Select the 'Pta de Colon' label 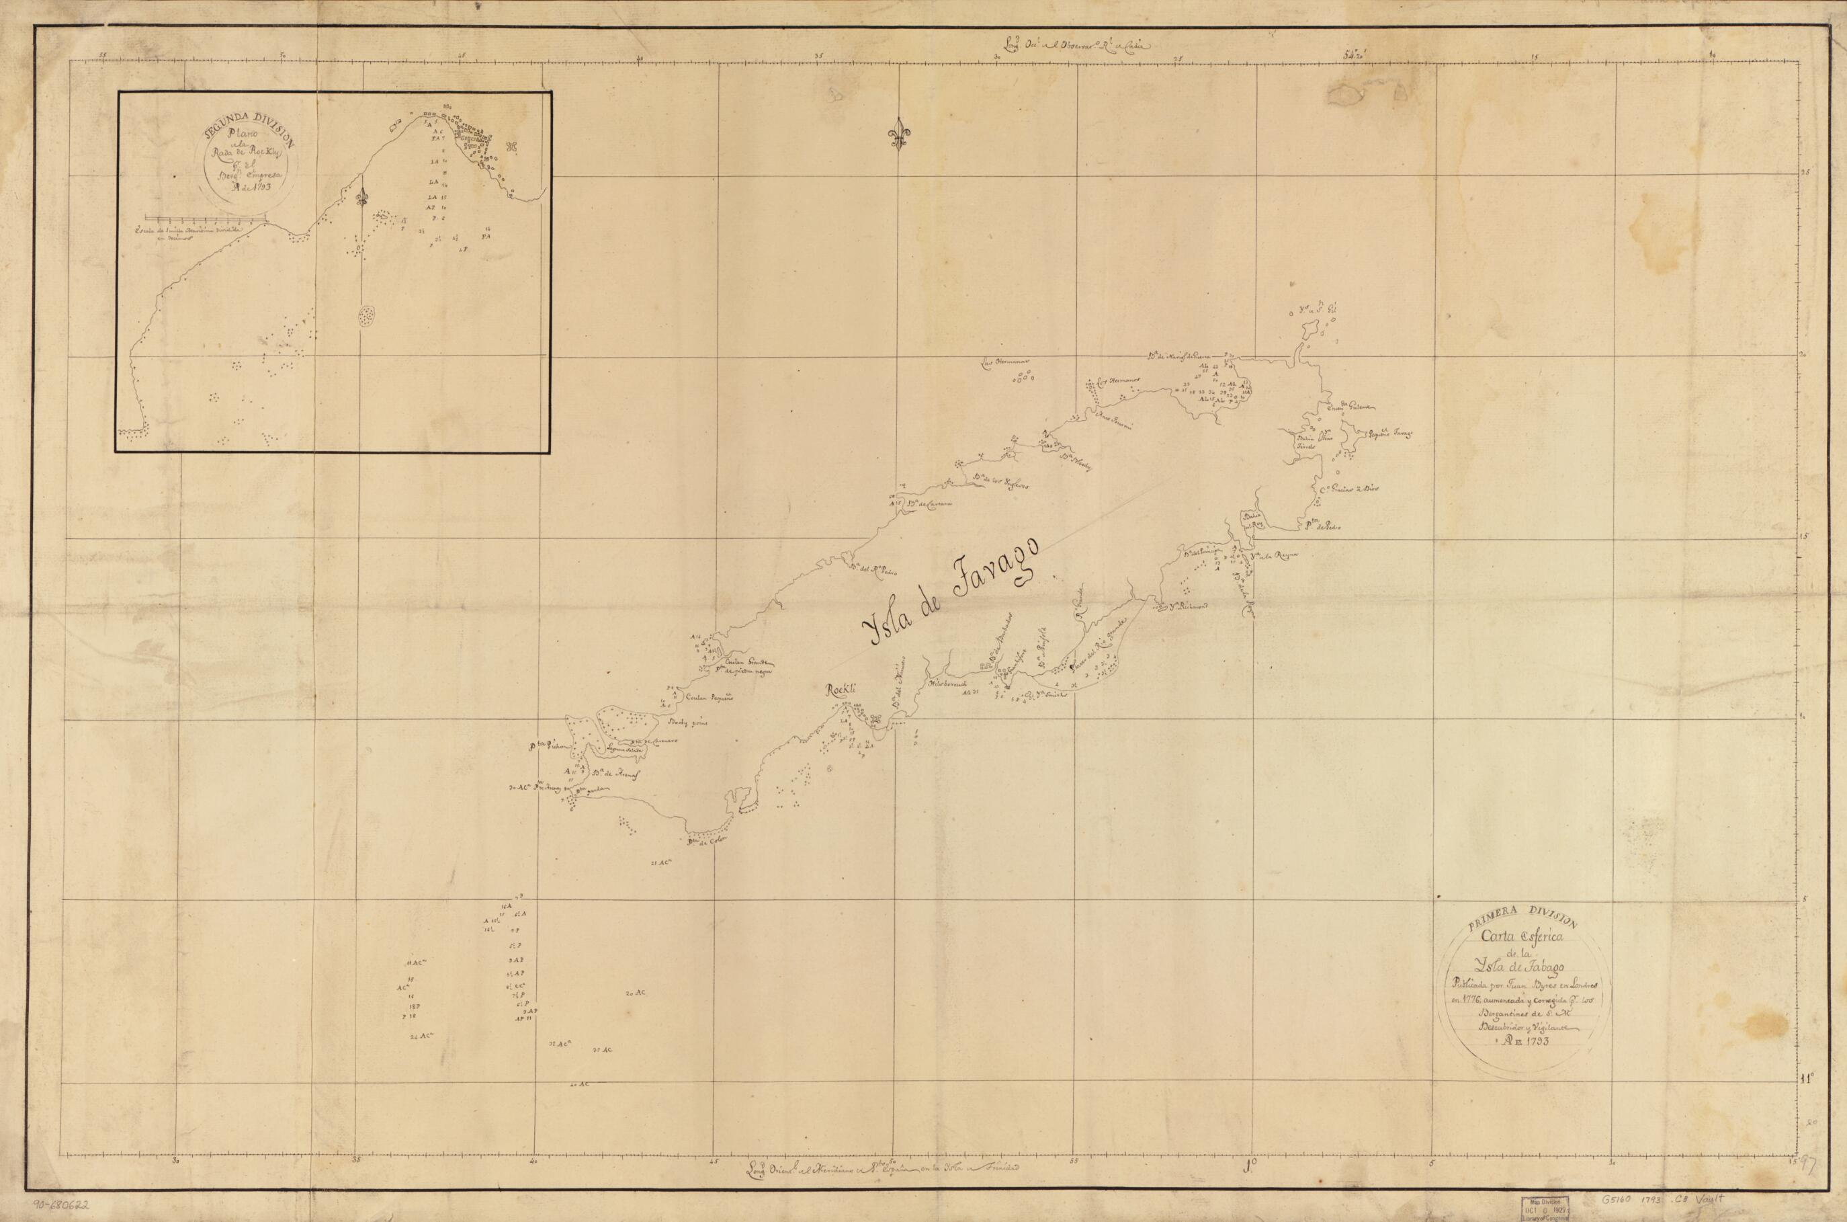[x=705, y=840]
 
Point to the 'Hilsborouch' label [x=947, y=684]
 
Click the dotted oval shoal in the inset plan [x=366, y=317]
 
